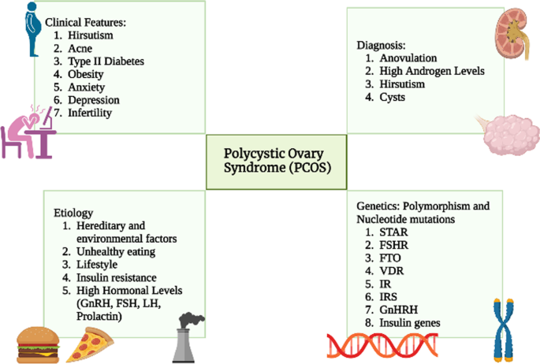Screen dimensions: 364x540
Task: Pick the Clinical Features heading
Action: pos(85,24)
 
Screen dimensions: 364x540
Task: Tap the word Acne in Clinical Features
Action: pos(80,49)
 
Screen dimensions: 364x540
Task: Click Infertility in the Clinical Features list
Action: pos(90,113)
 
